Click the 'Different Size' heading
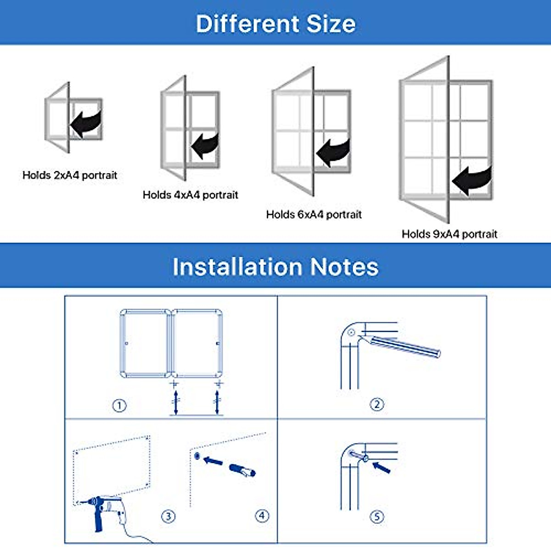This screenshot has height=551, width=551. coord(275,24)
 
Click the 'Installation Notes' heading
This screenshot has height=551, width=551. coord(275,267)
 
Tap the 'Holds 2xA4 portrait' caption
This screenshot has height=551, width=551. coord(70,175)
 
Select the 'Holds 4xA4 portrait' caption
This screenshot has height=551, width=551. coord(190,195)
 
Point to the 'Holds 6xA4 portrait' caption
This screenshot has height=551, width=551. coord(314,214)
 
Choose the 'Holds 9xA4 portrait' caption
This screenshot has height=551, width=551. coord(449,234)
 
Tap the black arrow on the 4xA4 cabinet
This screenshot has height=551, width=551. coord(205,146)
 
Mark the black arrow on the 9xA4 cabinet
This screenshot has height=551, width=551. coord(472,180)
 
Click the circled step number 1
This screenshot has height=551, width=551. coord(119,405)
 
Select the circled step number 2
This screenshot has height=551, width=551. coord(377,405)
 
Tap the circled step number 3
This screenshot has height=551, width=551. coord(168,516)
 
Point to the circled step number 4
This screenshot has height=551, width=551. coord(262,516)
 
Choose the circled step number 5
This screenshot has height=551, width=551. coord(377,517)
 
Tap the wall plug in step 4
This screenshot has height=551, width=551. coord(242,470)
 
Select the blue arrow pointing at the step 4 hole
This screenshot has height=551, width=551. coord(213,460)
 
